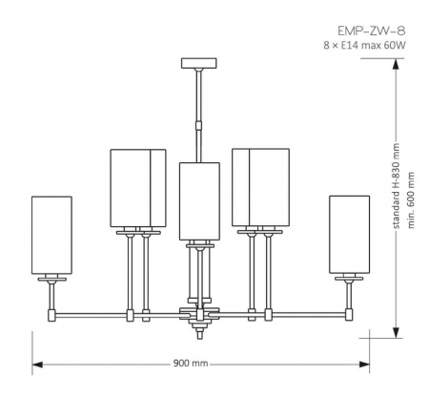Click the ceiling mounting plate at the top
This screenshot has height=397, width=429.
pyautogui.click(x=198, y=64)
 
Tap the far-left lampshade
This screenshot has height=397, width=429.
pyautogui.click(x=52, y=234)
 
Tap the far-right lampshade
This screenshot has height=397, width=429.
pyautogui.click(x=349, y=234)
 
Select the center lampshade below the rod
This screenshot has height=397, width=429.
pyautogui.click(x=199, y=200)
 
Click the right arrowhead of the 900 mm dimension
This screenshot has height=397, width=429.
pyautogui.click(x=365, y=364)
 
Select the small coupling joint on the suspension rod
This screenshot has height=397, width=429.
pyautogui.click(x=198, y=123)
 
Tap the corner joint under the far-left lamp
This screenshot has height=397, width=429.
pyautogui.click(x=52, y=312)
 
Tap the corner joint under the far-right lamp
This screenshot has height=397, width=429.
pyautogui.click(x=349, y=312)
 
